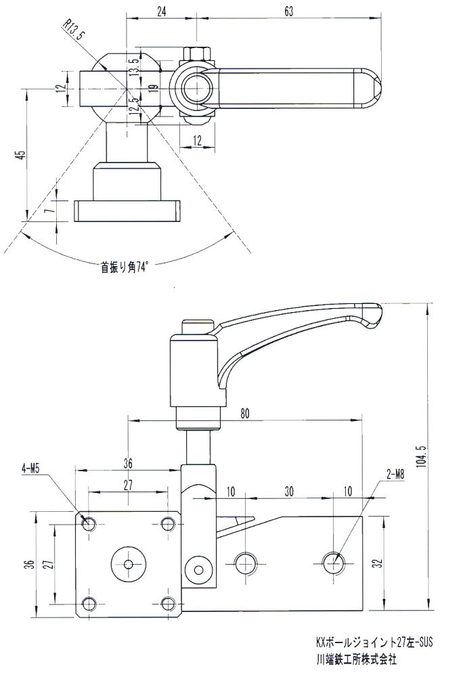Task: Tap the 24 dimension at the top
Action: [160, 12]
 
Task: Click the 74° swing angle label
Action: [124, 267]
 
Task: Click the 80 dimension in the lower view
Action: [244, 414]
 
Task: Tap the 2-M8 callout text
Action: [396, 475]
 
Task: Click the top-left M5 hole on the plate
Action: [89, 523]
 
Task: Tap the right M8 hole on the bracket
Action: [332, 561]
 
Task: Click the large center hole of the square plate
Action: [128, 563]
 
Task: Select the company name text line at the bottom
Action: [355, 657]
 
